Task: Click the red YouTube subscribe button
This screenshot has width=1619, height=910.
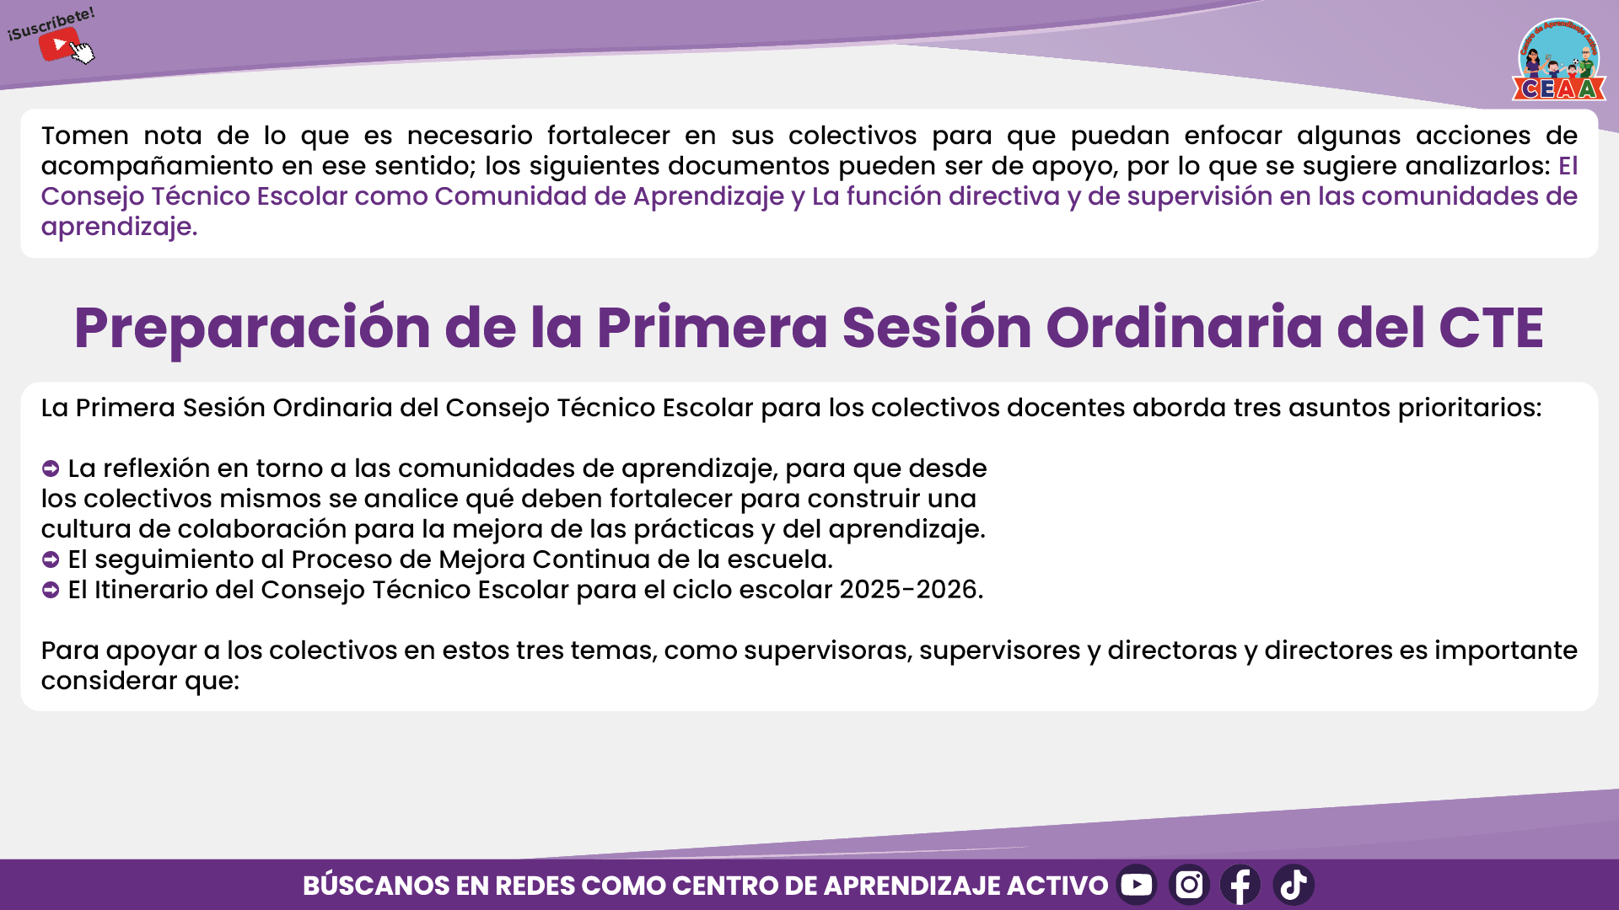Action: point(58,44)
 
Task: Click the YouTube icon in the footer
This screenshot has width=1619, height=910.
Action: point(1137,885)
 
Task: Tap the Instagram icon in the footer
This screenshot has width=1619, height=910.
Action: point(1189,885)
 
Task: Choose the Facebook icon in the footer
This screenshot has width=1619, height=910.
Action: point(1240,885)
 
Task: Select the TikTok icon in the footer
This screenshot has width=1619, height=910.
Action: point(1294,885)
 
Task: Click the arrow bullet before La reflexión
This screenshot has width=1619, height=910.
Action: point(51,468)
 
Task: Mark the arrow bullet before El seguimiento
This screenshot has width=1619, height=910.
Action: point(51,559)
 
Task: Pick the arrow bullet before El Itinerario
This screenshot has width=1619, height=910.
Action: point(51,590)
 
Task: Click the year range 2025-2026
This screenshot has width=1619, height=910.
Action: point(911,590)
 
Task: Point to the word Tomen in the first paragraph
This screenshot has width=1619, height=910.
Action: point(85,136)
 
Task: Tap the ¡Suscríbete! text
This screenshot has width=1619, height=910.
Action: point(51,24)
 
